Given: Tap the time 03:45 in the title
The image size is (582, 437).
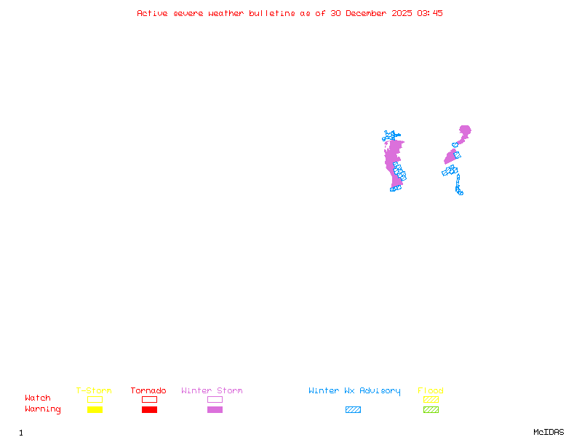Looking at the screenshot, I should tap(430, 13).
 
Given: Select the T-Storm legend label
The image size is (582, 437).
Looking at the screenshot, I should tap(94, 391).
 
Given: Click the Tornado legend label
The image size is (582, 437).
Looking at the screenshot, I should tap(148, 391).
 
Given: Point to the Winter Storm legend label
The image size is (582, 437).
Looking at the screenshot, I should tap(212, 391).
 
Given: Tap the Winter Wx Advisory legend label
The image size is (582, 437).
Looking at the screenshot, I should tap(354, 391).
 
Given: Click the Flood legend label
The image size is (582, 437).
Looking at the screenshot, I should tap(431, 391).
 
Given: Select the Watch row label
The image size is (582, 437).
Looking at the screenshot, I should tap(38, 398).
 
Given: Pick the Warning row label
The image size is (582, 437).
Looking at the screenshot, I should tap(43, 409).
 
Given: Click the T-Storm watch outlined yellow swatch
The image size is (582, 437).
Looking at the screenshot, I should tap(95, 399).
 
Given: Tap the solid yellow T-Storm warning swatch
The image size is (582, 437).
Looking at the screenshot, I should tap(95, 409).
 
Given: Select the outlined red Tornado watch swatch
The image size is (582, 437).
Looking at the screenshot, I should tap(149, 399).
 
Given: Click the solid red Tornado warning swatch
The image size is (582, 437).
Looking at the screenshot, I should tap(149, 409).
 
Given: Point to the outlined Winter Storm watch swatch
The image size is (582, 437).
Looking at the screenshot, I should tap(215, 399).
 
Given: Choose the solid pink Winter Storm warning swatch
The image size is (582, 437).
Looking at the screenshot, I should tap(215, 409).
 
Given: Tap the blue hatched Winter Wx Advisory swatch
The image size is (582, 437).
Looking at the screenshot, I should tap(353, 409).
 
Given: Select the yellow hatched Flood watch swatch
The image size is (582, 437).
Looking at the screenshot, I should tap(431, 399).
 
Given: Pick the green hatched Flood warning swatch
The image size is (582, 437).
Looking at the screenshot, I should tap(431, 409).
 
